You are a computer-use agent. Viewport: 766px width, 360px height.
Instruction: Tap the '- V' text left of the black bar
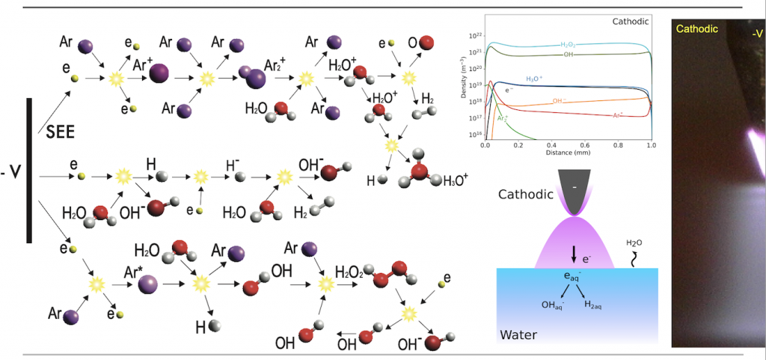pos(12,172)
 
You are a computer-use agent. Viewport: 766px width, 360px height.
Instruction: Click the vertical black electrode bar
pos(29,170)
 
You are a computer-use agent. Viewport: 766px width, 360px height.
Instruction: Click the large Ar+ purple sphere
pos(159,74)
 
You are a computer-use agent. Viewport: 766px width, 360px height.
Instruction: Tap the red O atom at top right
pos(426,43)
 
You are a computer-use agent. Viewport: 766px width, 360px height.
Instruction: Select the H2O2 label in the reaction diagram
pos(349,271)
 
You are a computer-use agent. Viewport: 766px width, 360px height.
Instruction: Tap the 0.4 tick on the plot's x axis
pos(552,145)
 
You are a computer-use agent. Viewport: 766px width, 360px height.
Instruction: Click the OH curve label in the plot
pos(569,55)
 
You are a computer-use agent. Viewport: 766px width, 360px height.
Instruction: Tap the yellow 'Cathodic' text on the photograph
pos(696,29)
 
